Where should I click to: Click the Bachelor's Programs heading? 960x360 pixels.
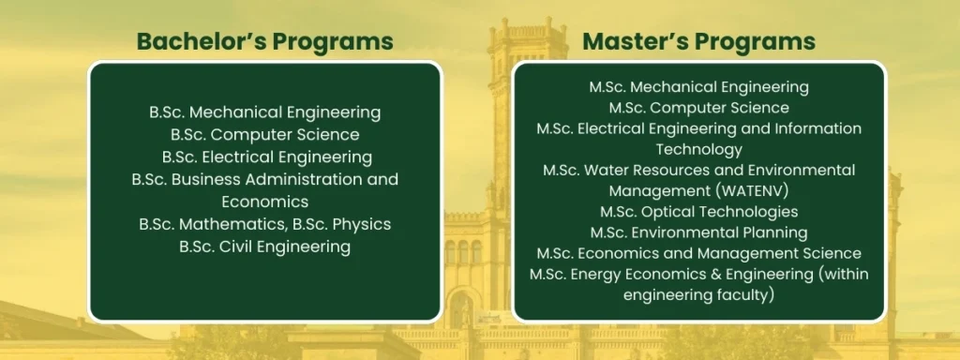click(x=264, y=41)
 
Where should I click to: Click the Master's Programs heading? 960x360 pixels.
click(x=698, y=41)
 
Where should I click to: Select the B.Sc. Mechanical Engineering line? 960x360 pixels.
click(x=264, y=112)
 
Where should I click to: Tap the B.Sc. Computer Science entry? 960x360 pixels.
click(x=264, y=135)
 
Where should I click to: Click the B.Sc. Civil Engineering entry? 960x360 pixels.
click(x=264, y=247)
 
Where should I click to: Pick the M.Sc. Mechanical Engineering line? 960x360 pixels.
click(x=698, y=87)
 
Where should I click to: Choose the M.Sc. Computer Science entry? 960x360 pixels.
click(x=698, y=108)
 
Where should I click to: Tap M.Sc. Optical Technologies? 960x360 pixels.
click(x=698, y=212)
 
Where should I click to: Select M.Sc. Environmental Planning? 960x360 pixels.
click(x=698, y=232)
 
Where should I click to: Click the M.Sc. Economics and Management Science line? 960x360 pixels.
click(x=698, y=253)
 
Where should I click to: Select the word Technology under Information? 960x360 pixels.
click(x=698, y=149)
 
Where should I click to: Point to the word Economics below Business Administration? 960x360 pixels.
click(x=264, y=202)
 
